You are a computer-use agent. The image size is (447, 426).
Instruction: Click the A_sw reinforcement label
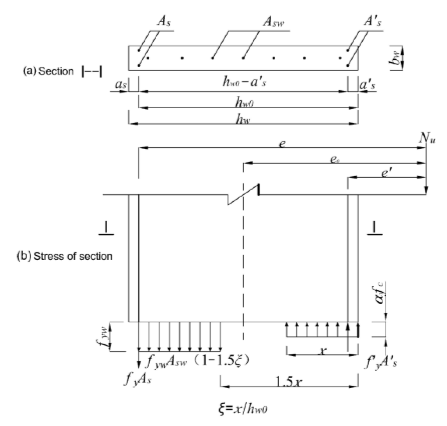pos(273,22)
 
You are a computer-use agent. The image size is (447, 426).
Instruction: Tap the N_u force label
pos(426,139)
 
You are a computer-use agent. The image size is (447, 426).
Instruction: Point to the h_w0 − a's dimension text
pos(244,83)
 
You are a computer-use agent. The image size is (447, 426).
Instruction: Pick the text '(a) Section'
pos(48,71)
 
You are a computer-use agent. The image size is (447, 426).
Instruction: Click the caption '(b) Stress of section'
pos(64,256)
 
